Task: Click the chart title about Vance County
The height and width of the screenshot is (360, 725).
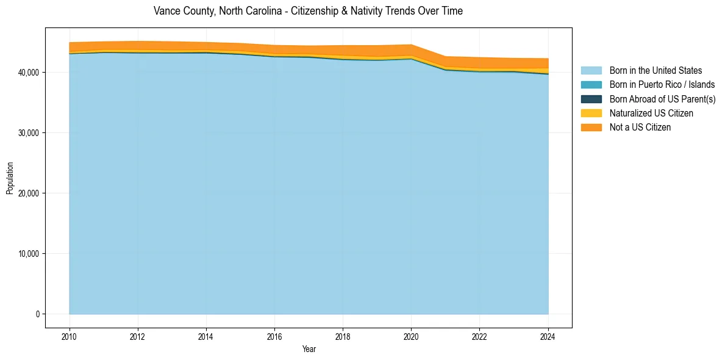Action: [x=308, y=11]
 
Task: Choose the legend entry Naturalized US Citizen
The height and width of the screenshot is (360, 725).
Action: [x=651, y=113]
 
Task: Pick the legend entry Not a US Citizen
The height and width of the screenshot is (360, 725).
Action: [x=640, y=128]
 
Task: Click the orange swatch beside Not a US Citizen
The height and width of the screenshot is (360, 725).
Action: [x=591, y=128]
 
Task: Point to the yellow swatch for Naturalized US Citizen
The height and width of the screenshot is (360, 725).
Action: [x=591, y=113]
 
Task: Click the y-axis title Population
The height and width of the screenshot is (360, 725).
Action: [x=10, y=178]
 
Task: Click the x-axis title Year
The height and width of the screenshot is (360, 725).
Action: [x=309, y=350]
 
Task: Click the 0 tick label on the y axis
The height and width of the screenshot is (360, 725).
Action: [x=37, y=314]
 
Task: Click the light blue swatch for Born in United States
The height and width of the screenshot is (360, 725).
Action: [x=591, y=71]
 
